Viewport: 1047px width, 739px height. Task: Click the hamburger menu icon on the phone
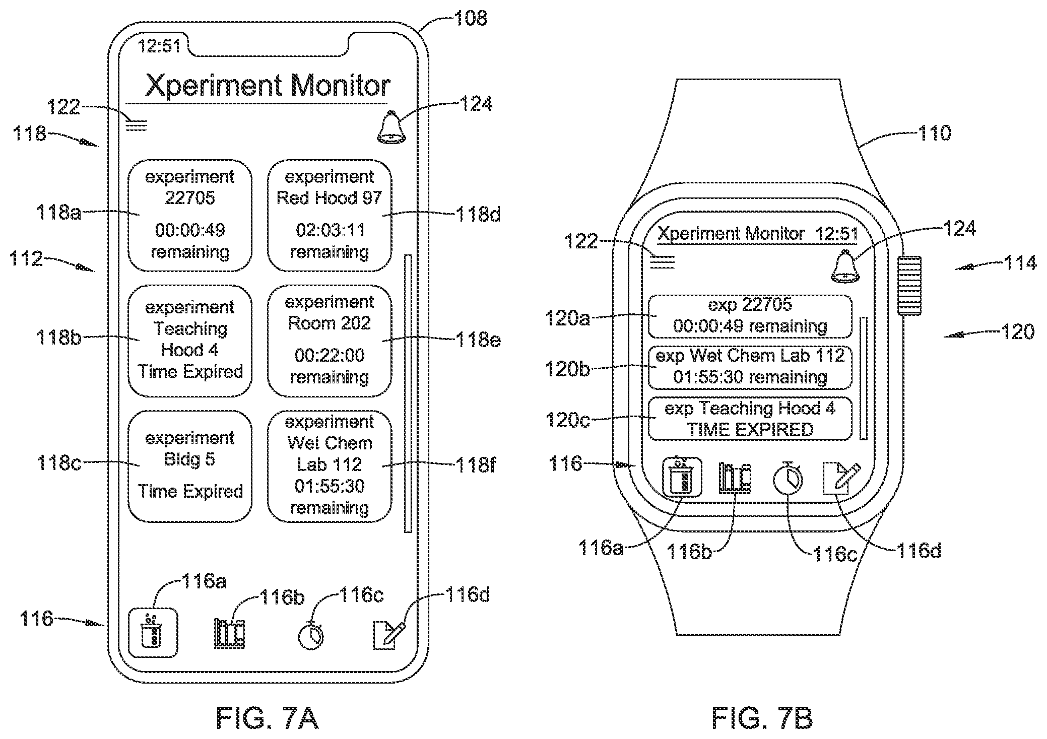pos(136,124)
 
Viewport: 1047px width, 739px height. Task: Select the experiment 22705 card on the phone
pos(190,216)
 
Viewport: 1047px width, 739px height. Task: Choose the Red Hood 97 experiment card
pos(330,216)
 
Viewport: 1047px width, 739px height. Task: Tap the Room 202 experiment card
pos(330,341)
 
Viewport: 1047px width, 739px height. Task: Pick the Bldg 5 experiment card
pos(190,466)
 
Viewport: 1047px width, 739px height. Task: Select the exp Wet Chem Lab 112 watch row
pos(750,367)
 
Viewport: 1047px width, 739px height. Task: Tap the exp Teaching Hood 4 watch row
pos(750,419)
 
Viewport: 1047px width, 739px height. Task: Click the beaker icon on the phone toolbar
pos(153,633)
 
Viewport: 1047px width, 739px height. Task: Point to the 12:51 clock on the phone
pos(159,46)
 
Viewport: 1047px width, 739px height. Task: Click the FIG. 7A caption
pos(267,717)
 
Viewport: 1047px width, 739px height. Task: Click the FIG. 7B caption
pos(762,717)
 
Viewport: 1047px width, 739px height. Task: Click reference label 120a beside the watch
pos(567,318)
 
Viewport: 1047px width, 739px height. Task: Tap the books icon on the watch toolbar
pos(734,478)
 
